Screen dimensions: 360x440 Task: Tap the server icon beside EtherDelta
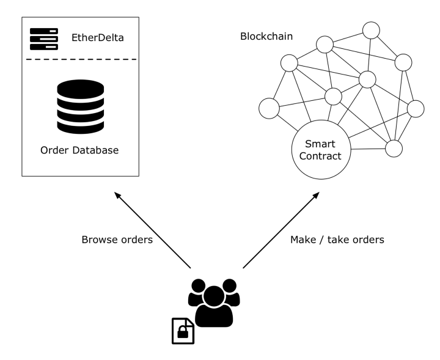click(44, 38)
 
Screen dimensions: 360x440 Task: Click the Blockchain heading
click(266, 37)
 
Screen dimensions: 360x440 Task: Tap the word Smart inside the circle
click(321, 144)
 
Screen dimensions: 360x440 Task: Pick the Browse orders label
click(117, 240)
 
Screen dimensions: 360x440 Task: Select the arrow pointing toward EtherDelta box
click(153, 230)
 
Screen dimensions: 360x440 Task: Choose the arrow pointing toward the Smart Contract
click(281, 230)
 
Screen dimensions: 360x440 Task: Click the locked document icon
click(183, 330)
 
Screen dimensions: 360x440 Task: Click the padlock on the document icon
click(182, 333)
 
